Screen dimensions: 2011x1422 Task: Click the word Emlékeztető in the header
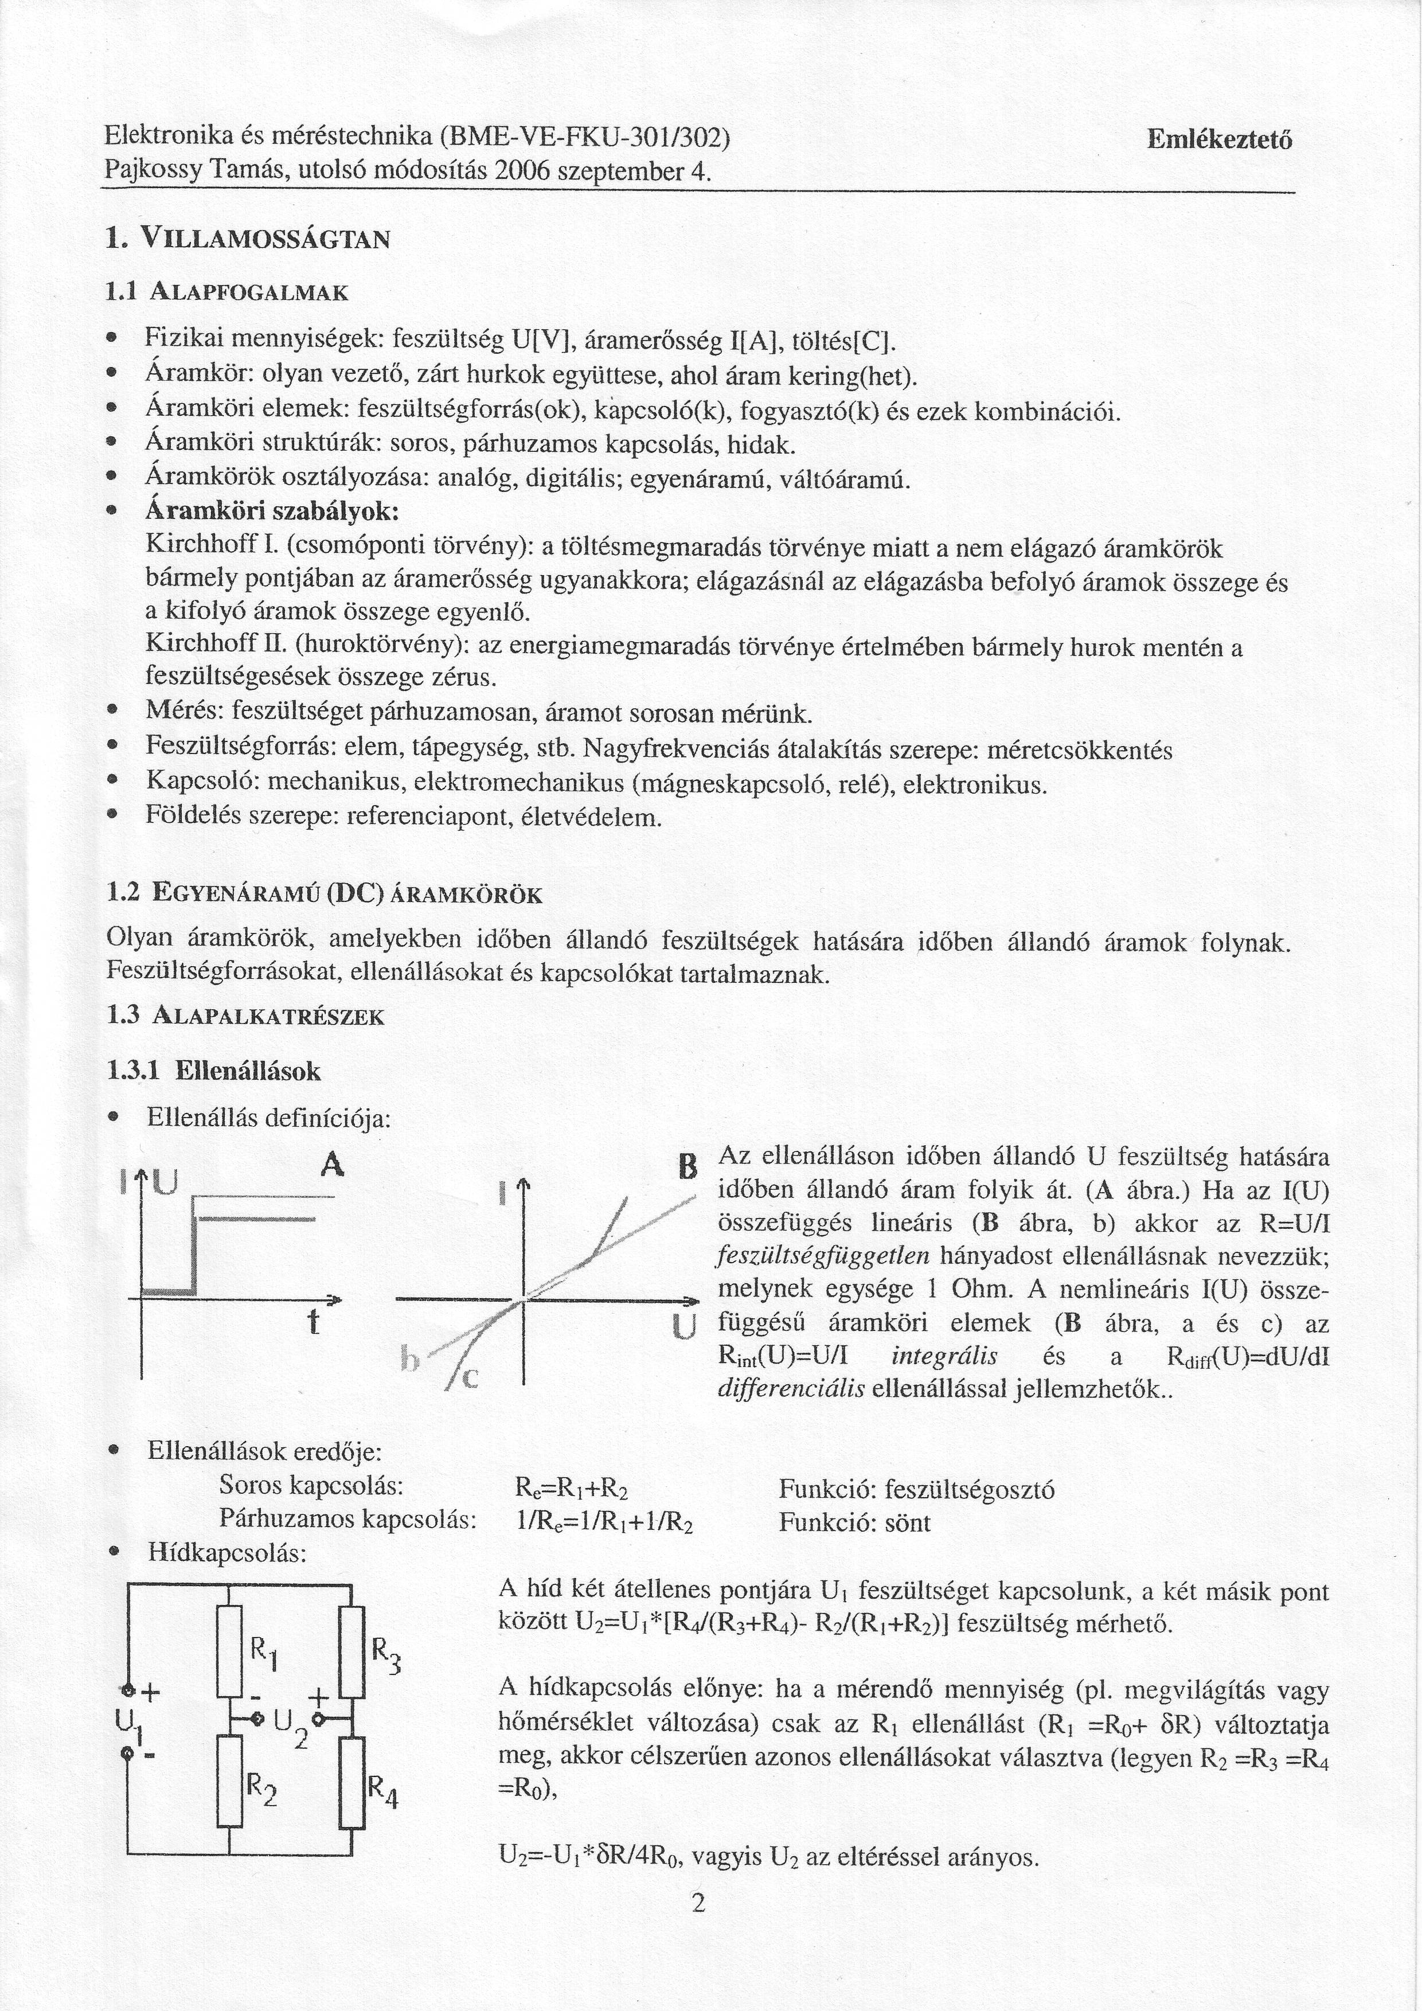[1219, 140]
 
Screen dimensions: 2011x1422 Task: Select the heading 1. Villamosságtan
[247, 238]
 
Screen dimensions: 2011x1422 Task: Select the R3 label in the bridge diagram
[385, 1654]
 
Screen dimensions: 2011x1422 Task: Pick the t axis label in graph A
[312, 1322]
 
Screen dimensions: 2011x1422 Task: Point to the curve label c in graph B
[470, 1379]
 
